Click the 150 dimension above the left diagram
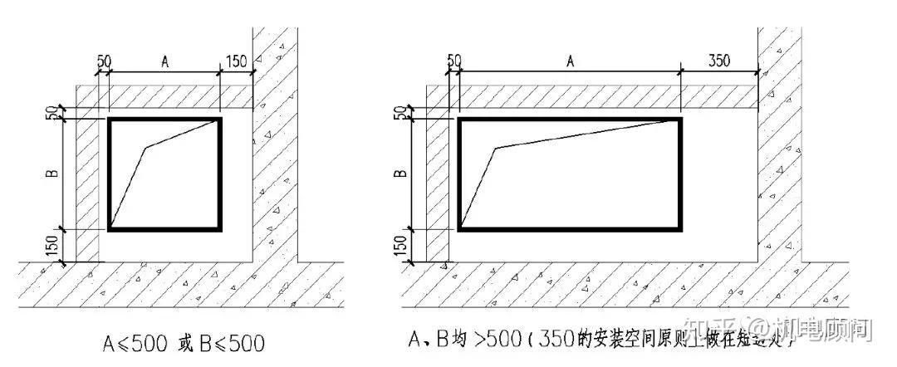click(236, 62)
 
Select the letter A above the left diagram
click(165, 62)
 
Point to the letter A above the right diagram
click(570, 61)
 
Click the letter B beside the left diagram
click(52, 174)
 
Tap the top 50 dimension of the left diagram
click(105, 62)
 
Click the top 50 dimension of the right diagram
click(453, 61)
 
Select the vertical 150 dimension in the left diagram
click(52, 246)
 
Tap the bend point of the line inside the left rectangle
click(145, 149)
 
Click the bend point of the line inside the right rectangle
click(496, 149)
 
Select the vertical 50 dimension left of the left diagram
click(52, 112)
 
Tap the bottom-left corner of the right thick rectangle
click(459, 228)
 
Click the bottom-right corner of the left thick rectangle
click(220, 228)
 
